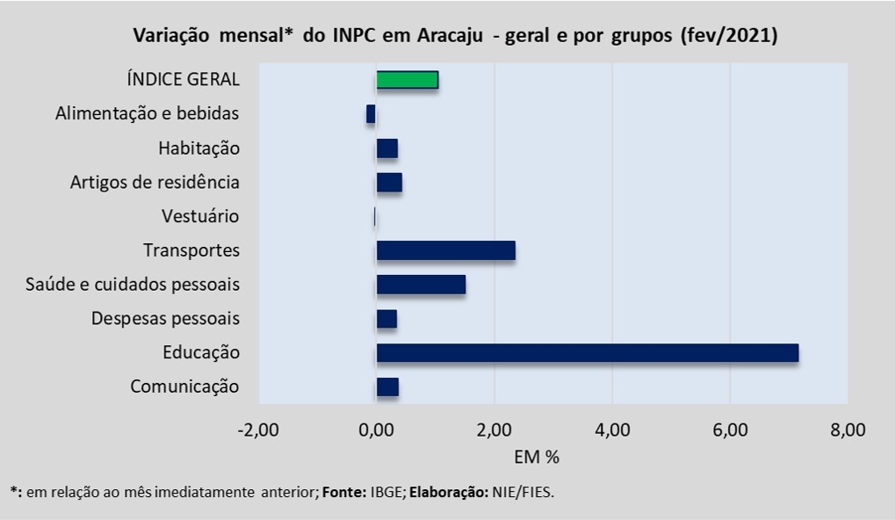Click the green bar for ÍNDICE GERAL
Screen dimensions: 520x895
click(407, 80)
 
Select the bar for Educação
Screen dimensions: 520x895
click(587, 353)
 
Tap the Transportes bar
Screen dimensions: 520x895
click(445, 250)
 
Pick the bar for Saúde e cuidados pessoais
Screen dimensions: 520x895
click(421, 285)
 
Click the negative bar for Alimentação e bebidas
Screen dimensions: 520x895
click(371, 114)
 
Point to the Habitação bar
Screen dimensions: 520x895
click(386, 148)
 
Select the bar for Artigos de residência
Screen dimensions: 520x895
click(389, 183)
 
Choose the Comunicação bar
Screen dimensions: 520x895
click(387, 387)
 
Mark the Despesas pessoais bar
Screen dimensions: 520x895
click(386, 319)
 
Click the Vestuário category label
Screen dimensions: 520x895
click(200, 216)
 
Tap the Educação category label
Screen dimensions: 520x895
click(200, 353)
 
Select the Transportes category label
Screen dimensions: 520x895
click(191, 250)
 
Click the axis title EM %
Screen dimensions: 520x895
click(536, 457)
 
